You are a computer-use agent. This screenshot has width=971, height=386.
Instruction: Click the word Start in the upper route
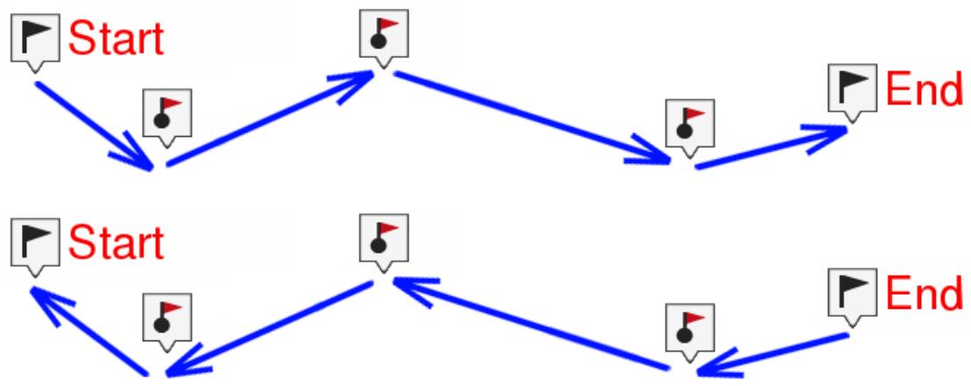(x=116, y=39)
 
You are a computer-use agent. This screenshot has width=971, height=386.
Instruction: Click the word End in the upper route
(x=924, y=89)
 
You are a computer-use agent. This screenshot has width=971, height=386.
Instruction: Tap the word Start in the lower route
(x=116, y=243)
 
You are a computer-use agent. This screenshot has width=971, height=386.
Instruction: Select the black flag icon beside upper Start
(x=35, y=37)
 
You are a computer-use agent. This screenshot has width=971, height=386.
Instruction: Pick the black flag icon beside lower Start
(x=35, y=242)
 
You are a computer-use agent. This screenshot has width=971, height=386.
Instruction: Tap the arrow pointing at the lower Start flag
(x=88, y=332)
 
